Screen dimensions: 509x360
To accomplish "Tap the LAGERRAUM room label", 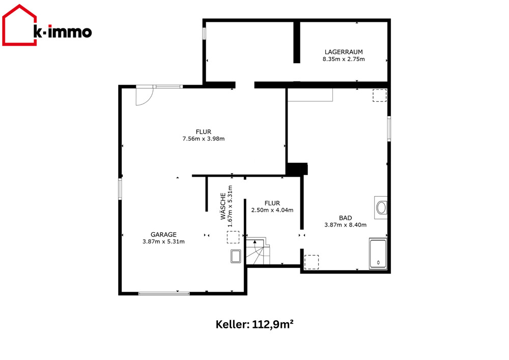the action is point(344,52).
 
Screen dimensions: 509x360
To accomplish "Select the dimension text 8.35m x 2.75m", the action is point(344,59).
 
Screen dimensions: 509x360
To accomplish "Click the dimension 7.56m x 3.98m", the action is point(204,139).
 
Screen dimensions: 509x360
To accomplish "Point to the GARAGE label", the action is point(163,234).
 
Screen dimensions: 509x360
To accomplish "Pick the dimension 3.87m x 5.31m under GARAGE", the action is point(163,241).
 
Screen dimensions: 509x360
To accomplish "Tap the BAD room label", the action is point(346,218).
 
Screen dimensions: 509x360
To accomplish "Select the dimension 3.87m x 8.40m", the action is point(346,225).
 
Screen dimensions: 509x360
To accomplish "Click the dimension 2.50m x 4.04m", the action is point(272,210).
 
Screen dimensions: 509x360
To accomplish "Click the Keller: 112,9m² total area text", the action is point(255,324).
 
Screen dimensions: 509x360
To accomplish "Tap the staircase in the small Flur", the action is point(258,252).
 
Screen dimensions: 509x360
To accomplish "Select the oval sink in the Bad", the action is point(381,207).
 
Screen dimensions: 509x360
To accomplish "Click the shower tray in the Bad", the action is point(378,254).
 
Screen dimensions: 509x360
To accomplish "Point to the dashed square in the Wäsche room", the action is point(233,237).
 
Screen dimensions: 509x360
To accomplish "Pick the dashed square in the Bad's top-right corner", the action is point(380,95).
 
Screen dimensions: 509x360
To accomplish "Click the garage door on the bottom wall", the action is point(164,293).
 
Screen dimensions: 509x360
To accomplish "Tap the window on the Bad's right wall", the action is point(389,128).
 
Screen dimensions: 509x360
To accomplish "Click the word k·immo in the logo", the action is point(63,32).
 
